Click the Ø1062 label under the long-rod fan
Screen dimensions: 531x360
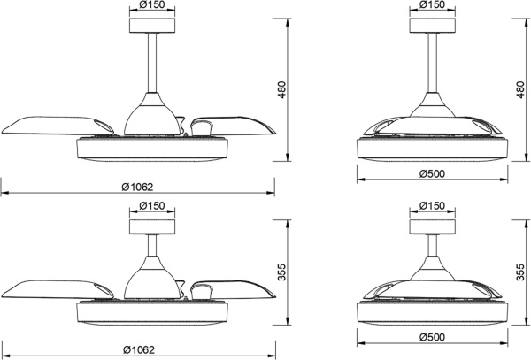tap(137, 187)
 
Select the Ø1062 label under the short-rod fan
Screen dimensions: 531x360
tap(139, 350)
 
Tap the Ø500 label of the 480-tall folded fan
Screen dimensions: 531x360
tap(432, 174)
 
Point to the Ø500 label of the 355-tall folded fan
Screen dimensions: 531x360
tap(432, 337)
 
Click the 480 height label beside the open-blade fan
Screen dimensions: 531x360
tap(282, 90)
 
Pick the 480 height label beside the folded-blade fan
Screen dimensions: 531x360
tap(520, 90)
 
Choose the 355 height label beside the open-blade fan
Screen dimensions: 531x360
tap(282, 272)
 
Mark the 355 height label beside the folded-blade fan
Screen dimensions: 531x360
tap(520, 272)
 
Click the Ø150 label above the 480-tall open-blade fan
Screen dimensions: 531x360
tap(152, 4)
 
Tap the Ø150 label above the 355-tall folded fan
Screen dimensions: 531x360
tap(432, 206)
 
